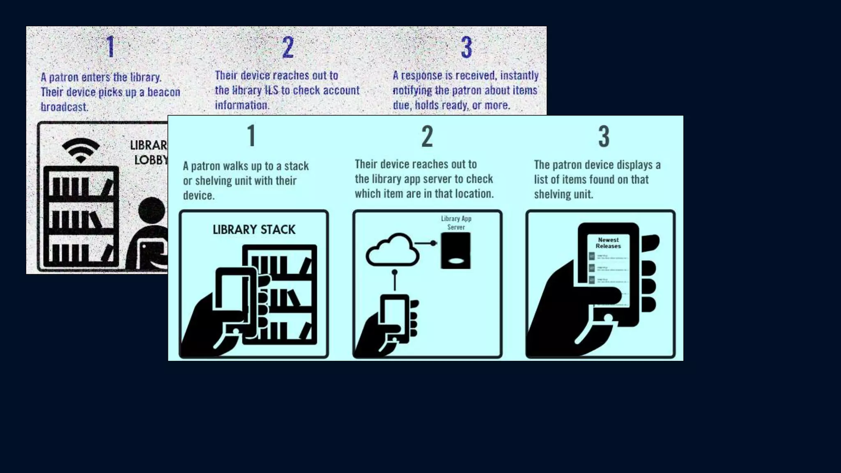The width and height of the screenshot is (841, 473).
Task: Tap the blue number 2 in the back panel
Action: coord(288,47)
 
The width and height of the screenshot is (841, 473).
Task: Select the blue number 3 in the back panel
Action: coord(466,47)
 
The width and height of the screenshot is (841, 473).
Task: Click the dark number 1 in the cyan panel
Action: coord(251,136)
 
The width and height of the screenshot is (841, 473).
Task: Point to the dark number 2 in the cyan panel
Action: coord(427,136)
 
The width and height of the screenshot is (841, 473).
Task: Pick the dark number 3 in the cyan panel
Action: coord(604,136)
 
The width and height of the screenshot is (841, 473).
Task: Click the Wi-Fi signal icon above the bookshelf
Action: coord(81,150)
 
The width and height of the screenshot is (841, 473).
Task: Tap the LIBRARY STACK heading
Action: coord(254,230)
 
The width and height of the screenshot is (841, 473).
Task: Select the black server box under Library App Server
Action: coord(455,250)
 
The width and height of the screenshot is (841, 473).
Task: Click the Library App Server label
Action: coord(456,223)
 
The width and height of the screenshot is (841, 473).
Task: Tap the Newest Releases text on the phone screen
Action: coord(608,243)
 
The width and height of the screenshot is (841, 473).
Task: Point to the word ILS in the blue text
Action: coord(271,90)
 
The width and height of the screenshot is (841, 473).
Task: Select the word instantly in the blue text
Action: coord(519,76)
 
